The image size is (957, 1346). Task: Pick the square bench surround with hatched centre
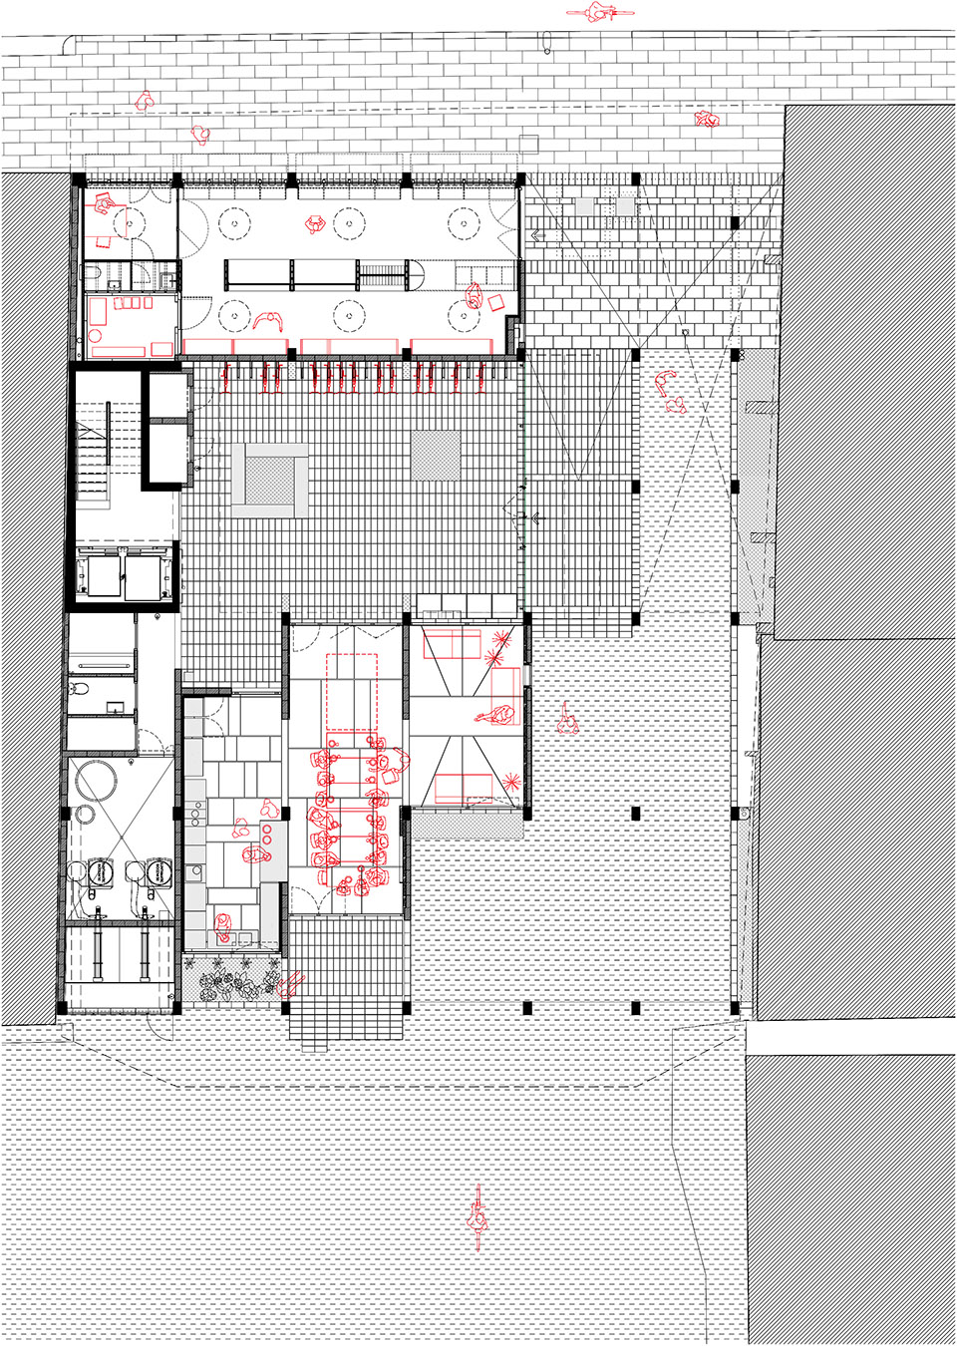pyautogui.click(x=270, y=482)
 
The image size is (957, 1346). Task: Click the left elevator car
pyautogui.click(x=100, y=575)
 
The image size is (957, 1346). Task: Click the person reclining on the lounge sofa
pyautogui.click(x=495, y=714)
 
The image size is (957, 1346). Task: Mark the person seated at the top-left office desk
pyautogui.click(x=104, y=205)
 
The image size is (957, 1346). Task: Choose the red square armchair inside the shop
pyautogui.click(x=494, y=301)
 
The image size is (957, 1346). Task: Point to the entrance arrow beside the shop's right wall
pyautogui.click(x=538, y=236)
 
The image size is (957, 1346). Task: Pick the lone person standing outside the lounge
pyautogui.click(x=568, y=719)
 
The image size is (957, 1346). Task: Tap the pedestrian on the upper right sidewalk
pyautogui.click(x=707, y=120)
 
